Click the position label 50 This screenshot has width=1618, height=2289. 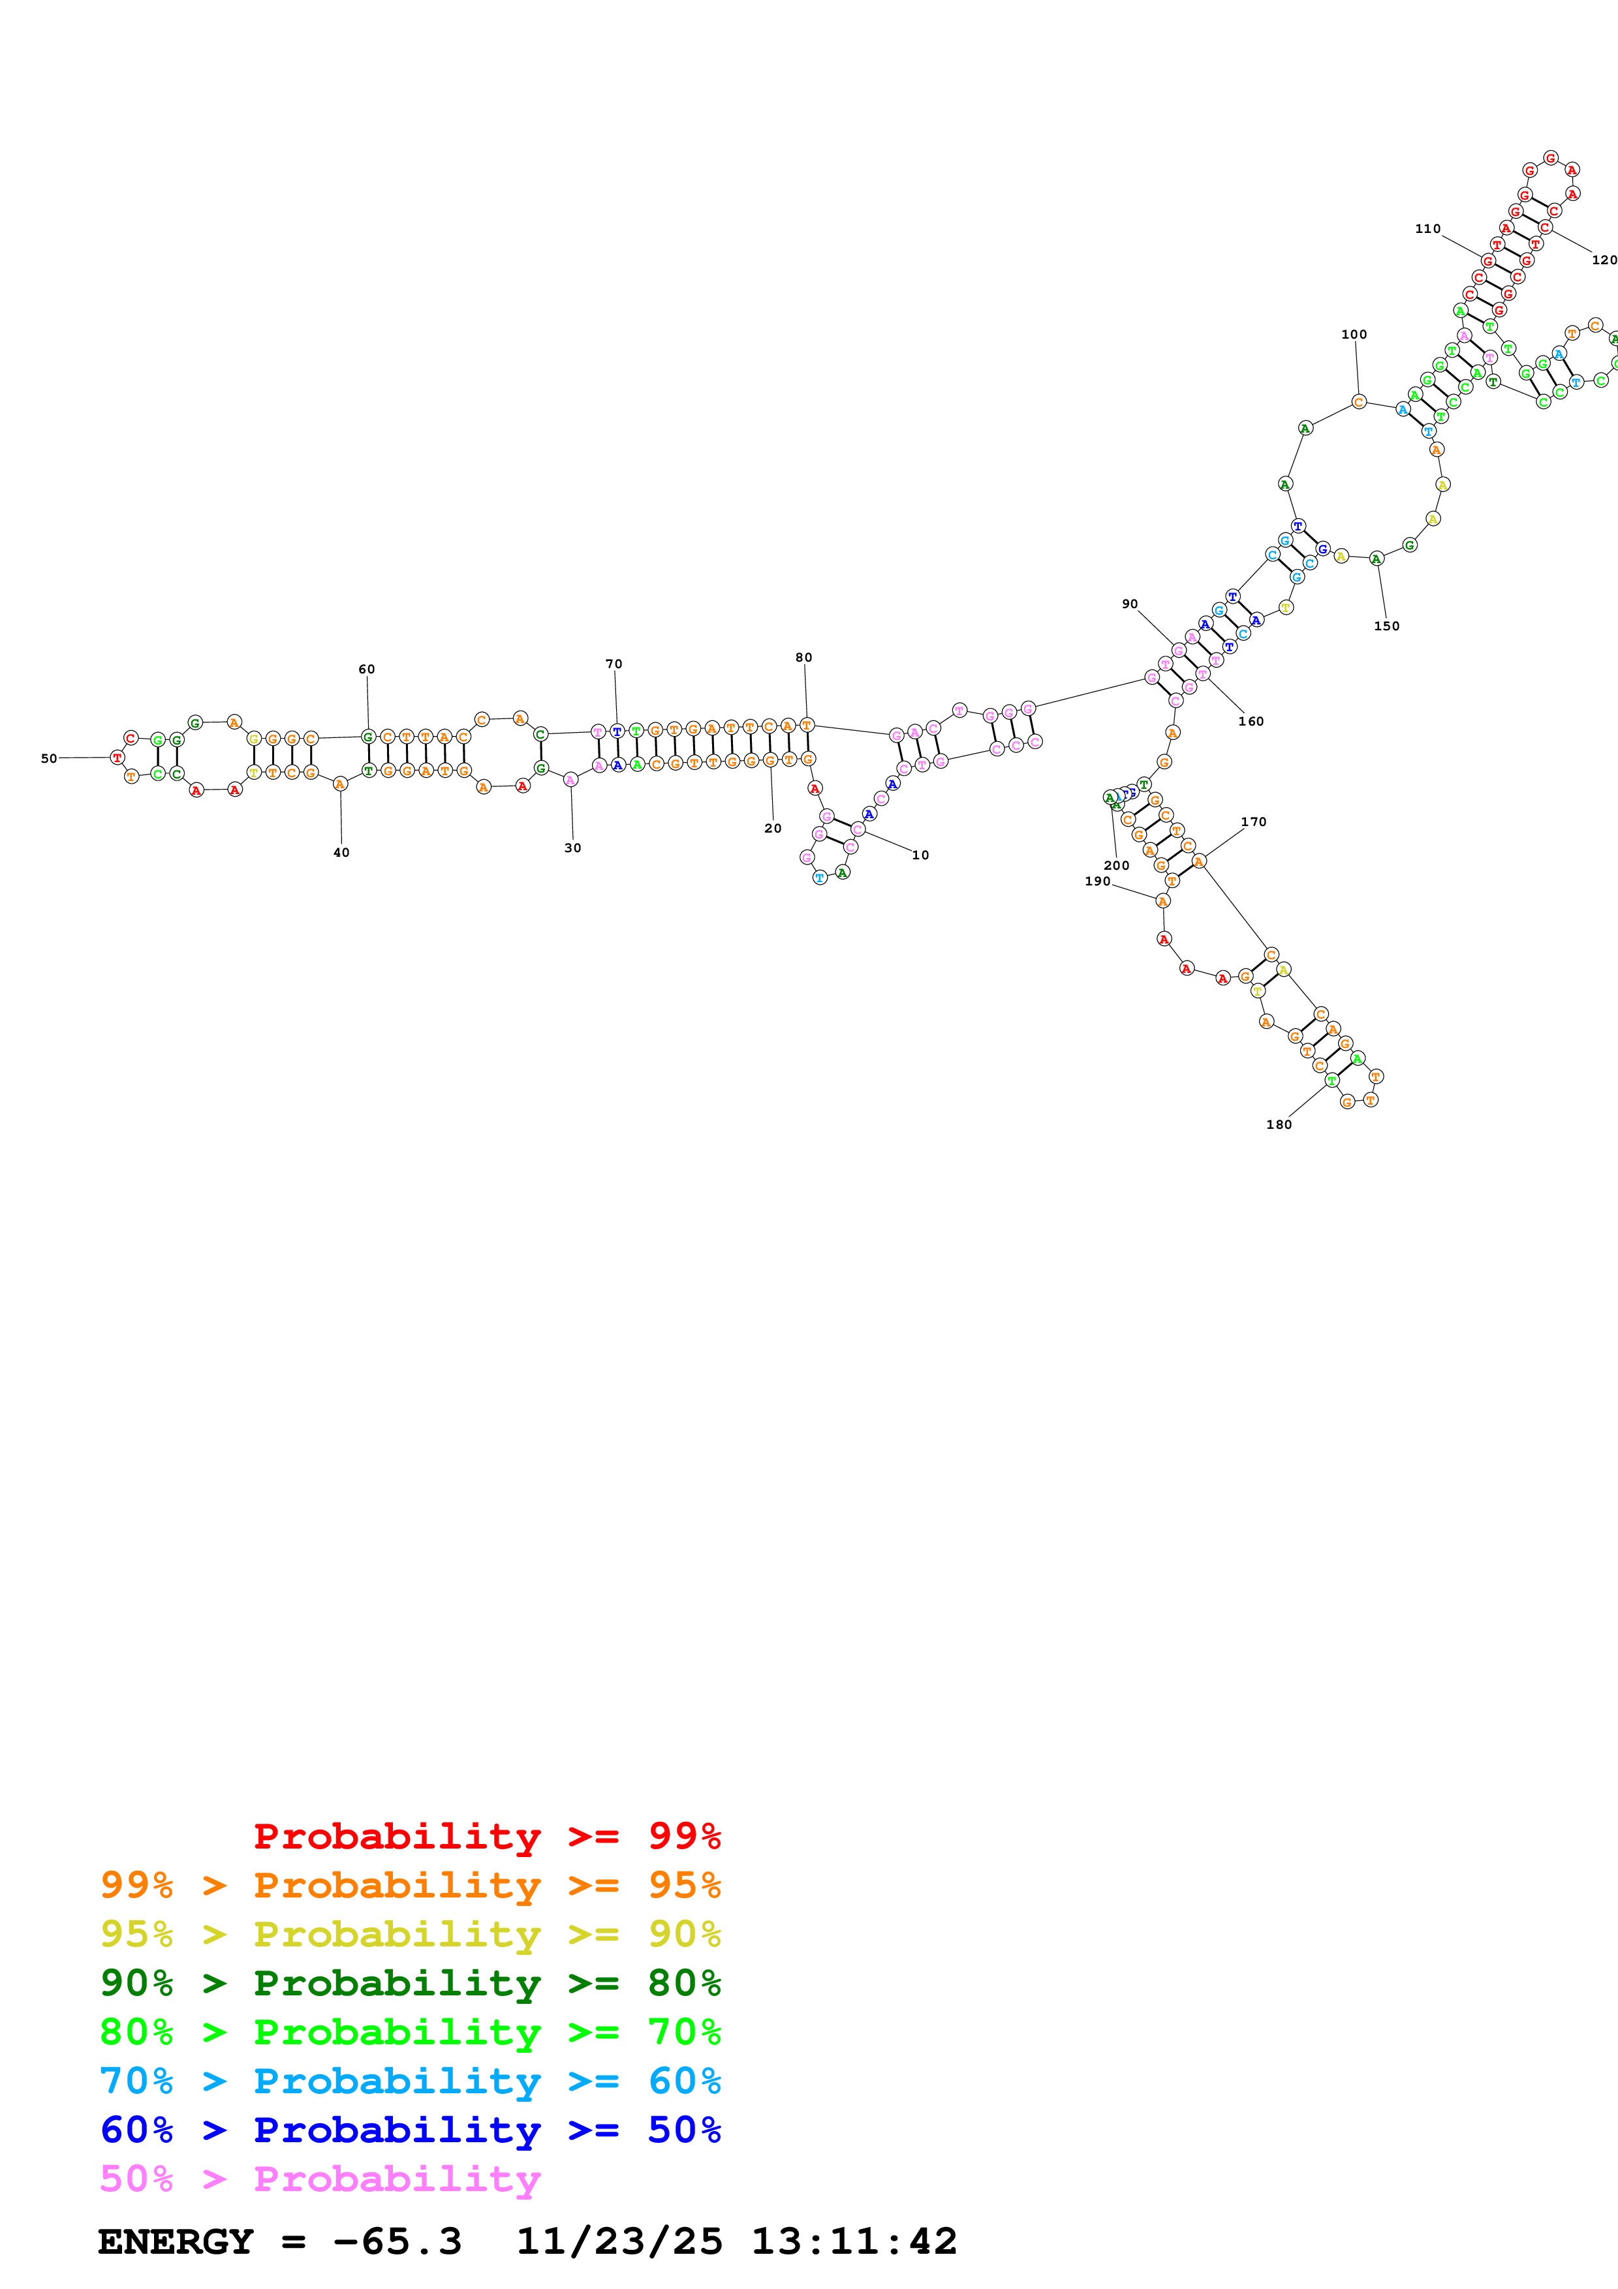pos(49,759)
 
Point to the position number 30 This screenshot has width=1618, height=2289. pos(572,848)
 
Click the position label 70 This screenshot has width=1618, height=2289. pos(614,664)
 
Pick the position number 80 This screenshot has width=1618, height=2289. pos(803,657)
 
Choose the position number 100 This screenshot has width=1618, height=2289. pos(1354,334)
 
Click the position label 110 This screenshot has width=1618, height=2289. pos(1427,228)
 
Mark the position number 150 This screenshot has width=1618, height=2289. pos(1387,626)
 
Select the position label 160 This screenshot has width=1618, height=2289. pos(1251,721)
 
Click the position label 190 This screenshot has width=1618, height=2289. pos(1098,882)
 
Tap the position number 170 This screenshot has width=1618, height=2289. pos(1254,822)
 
